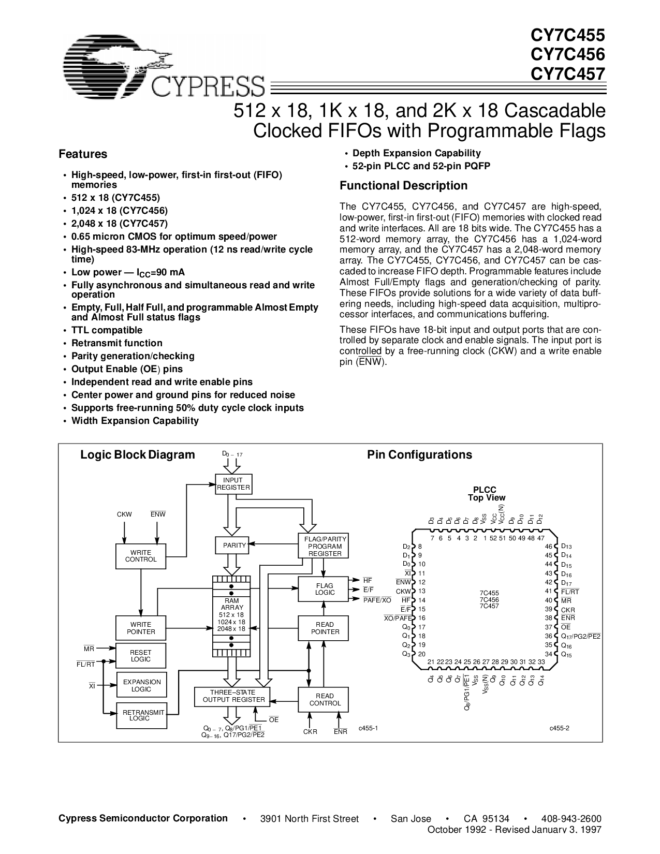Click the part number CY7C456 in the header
(568, 54)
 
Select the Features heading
(83, 154)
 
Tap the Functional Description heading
(403, 185)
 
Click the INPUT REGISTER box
(233, 484)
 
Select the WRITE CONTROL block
(141, 556)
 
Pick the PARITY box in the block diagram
(232, 545)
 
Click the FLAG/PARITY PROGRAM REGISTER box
(323, 546)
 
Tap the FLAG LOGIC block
(323, 589)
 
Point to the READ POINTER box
(323, 628)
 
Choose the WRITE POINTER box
(141, 628)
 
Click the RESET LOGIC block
(141, 656)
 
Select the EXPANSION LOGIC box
(141, 685)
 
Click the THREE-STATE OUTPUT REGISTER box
(232, 697)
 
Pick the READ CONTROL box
(323, 700)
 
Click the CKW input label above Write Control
(124, 514)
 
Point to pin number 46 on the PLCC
(548, 546)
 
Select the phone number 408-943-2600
(571, 819)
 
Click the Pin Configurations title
(419, 455)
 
